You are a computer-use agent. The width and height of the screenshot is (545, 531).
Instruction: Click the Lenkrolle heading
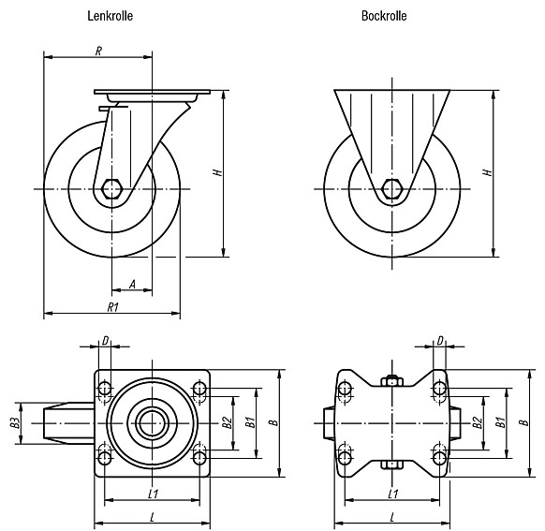tap(110, 16)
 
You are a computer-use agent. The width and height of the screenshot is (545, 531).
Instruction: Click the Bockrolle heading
tap(384, 16)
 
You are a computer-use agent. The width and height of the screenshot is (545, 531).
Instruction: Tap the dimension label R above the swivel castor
tap(98, 52)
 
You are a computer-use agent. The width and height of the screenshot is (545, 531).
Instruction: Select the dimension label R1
tap(113, 307)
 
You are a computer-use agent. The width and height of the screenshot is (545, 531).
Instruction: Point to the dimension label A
tap(132, 285)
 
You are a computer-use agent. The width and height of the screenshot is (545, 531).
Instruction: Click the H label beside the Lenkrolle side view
tap(218, 172)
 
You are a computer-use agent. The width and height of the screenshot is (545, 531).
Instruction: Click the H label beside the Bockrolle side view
tap(488, 172)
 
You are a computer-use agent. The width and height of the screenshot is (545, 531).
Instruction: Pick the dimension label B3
tap(15, 423)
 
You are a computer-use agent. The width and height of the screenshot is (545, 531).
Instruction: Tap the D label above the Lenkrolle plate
tap(105, 341)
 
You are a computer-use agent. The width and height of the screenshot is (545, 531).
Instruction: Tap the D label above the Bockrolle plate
tap(440, 341)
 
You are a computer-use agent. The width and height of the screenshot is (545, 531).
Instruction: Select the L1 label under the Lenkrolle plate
tap(154, 494)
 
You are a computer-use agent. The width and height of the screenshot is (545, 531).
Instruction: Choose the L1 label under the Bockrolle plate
tap(392, 494)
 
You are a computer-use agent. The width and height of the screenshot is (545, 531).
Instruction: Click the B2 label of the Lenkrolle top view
tap(228, 423)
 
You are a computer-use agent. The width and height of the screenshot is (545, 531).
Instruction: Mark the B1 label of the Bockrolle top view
tap(501, 423)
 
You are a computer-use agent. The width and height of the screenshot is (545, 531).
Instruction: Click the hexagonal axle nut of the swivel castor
tap(111, 188)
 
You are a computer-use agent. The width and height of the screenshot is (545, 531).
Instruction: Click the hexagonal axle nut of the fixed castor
tap(392, 188)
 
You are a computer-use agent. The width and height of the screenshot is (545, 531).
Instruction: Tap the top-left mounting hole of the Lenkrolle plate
tap(105, 388)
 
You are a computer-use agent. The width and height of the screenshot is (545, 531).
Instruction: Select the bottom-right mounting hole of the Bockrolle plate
tap(440, 458)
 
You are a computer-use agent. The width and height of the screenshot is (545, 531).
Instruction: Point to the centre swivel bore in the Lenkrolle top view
tap(153, 423)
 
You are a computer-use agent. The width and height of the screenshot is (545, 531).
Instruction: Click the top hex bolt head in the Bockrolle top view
tap(392, 381)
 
